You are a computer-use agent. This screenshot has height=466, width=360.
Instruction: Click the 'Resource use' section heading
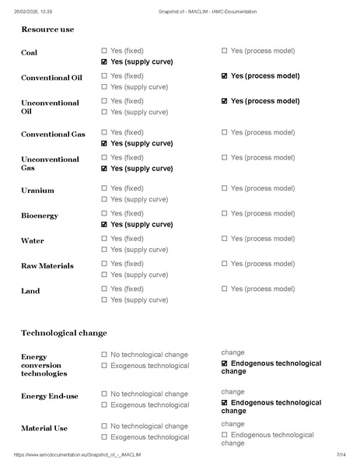tap(48, 29)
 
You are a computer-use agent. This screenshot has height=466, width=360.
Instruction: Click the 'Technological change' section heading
tap(64, 333)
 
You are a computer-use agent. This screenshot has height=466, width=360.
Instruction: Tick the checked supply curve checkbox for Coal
tap(104, 61)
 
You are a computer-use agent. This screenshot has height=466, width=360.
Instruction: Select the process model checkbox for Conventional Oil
tap(225, 76)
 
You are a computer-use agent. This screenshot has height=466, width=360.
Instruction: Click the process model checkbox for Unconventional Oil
tap(225, 101)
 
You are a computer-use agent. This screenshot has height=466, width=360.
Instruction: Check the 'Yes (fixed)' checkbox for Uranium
tap(104, 188)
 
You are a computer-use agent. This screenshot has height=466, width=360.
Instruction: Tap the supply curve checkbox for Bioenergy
tap(104, 224)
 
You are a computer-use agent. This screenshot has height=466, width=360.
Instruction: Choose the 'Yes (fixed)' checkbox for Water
tap(104, 239)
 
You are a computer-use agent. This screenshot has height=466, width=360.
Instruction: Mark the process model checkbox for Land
tap(225, 289)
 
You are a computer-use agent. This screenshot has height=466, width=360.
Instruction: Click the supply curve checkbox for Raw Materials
tap(104, 275)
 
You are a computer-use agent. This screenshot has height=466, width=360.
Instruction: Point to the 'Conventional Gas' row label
tap(53, 135)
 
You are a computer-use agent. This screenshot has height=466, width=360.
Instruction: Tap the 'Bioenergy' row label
tap(40, 215)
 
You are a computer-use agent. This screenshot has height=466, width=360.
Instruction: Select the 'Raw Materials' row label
tap(47, 266)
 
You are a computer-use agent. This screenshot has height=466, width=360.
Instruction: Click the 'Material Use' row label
tap(44, 428)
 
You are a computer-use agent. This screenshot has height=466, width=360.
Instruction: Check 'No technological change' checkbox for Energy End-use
tap(104, 394)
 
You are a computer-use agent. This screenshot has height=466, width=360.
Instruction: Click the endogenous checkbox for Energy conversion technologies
tap(225, 363)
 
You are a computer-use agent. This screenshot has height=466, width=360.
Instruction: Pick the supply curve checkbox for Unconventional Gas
tap(104, 168)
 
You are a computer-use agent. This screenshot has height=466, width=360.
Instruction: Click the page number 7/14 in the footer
tap(341, 454)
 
